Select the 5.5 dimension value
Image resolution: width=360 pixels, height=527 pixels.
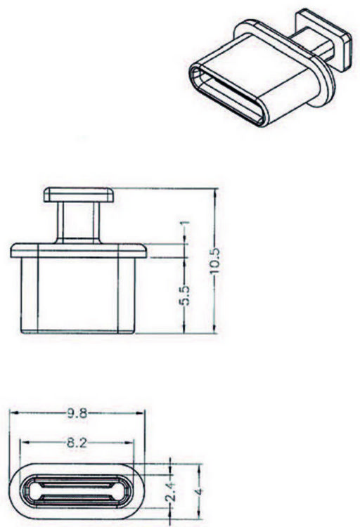(184, 295)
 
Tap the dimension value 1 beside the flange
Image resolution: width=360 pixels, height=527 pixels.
(185, 223)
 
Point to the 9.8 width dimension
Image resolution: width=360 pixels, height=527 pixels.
(77, 413)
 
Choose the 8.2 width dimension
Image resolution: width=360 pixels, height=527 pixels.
(77, 443)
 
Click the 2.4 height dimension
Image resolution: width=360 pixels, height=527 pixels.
(172, 492)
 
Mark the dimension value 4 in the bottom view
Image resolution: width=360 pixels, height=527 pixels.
(199, 491)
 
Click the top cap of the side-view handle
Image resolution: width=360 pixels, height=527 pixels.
(79, 195)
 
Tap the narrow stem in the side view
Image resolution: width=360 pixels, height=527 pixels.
(79, 223)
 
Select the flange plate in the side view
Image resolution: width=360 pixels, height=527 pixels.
(79, 251)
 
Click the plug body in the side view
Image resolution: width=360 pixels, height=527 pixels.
(78, 296)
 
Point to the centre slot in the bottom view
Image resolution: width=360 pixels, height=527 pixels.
(77, 491)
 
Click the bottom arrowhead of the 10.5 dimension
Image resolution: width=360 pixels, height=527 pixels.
(216, 329)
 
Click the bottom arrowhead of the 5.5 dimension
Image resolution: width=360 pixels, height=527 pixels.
(184, 329)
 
